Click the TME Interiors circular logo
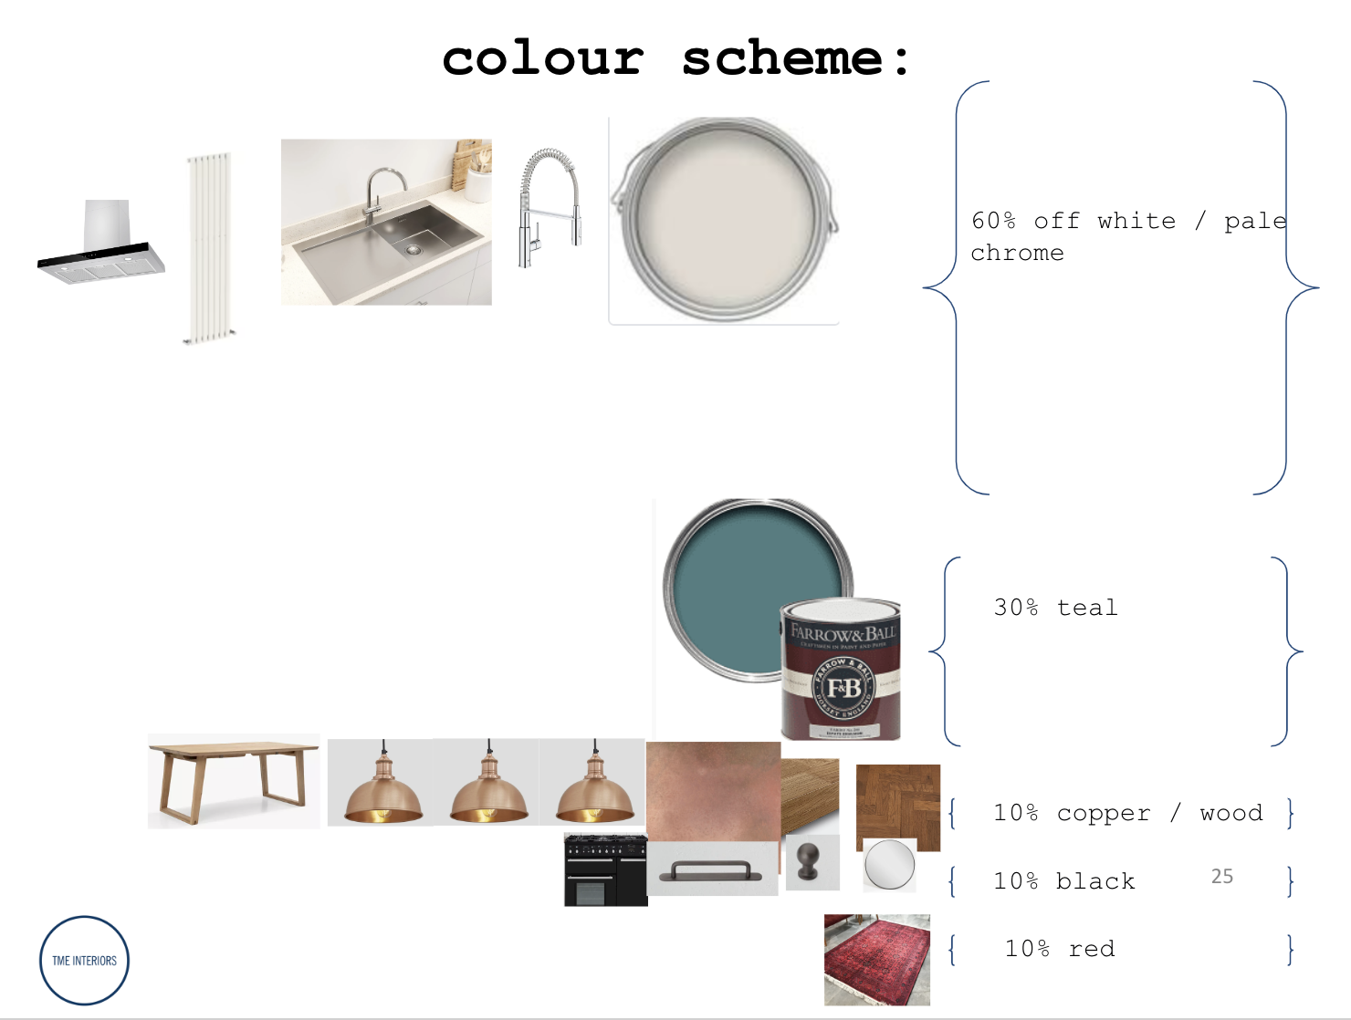click(x=84, y=961)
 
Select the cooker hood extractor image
click(x=102, y=244)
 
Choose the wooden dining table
click(x=234, y=781)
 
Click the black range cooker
click(x=605, y=869)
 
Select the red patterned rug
click(x=877, y=959)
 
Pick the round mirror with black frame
click(x=889, y=864)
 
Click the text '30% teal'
click(x=1055, y=608)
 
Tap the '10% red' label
click(x=1059, y=949)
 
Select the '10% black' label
click(x=1063, y=881)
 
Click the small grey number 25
click(x=1221, y=877)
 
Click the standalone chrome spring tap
click(x=549, y=208)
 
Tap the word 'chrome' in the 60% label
click(x=1017, y=253)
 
